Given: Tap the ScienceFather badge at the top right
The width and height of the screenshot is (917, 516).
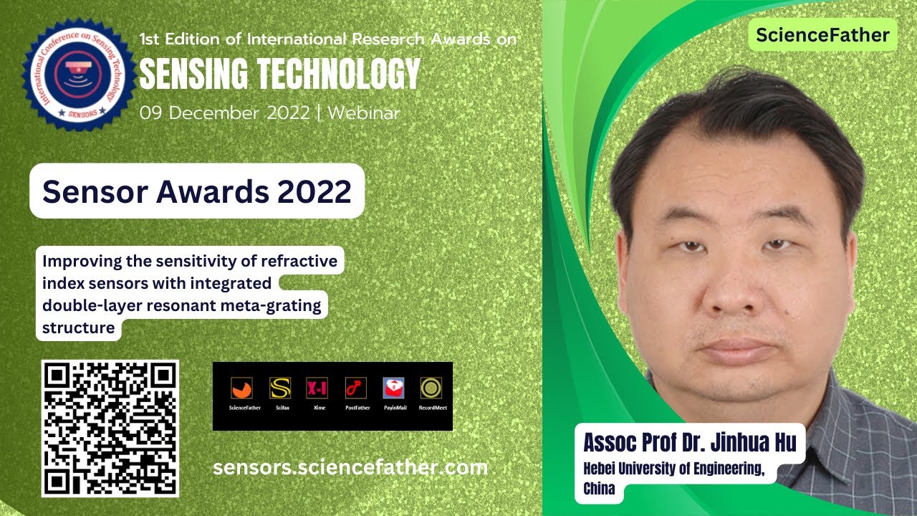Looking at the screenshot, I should point(822,35).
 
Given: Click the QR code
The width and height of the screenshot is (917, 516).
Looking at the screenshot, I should point(110,428).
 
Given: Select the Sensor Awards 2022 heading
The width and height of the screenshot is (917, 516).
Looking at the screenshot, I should point(197,191).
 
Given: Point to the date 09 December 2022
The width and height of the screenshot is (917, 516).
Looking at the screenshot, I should point(224,113).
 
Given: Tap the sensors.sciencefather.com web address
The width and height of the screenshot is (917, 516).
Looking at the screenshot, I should point(350,467).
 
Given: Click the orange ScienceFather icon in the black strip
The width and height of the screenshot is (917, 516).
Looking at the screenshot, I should point(241,388).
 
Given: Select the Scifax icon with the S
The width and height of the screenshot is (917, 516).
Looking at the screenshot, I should point(279,388).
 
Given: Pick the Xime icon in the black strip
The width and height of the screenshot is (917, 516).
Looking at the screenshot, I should point(317,388).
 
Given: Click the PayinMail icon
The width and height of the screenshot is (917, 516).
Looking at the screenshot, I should point(393,388).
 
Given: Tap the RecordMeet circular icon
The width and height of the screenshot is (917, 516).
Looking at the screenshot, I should point(431,388).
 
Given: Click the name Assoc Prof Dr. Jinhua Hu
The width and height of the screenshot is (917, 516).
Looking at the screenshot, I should point(689,442).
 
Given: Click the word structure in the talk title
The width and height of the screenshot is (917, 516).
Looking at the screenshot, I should point(79,328).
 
